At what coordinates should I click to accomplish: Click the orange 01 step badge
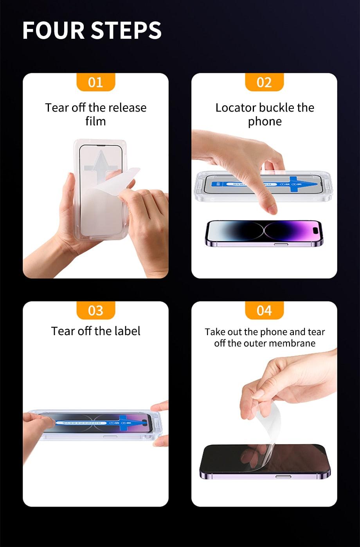[x=95, y=82]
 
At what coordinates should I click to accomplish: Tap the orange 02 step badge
[x=264, y=82]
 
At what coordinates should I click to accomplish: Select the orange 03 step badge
[x=95, y=310]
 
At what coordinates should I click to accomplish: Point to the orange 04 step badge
[x=264, y=310]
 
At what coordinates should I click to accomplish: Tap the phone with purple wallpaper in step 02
[x=264, y=231]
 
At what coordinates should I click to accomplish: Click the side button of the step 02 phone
[x=279, y=244]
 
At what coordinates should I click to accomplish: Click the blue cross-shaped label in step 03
[x=126, y=423]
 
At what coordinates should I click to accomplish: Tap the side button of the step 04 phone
[x=283, y=477]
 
